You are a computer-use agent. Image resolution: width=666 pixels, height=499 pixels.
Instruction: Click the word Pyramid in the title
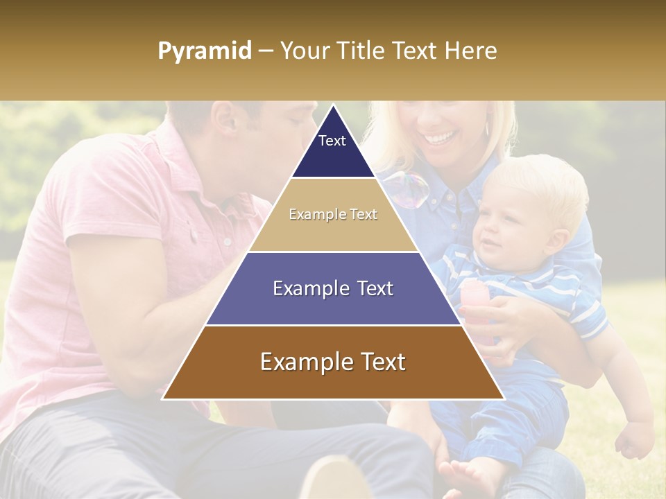pos(205,51)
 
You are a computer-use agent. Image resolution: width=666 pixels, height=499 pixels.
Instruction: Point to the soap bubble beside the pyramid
pos(407,189)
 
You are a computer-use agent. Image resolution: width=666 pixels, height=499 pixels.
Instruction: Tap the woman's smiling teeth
pos(438,138)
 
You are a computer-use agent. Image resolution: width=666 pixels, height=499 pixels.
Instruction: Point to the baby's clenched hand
pos(634,439)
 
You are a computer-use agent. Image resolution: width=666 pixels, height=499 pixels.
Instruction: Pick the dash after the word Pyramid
pos(266,51)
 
